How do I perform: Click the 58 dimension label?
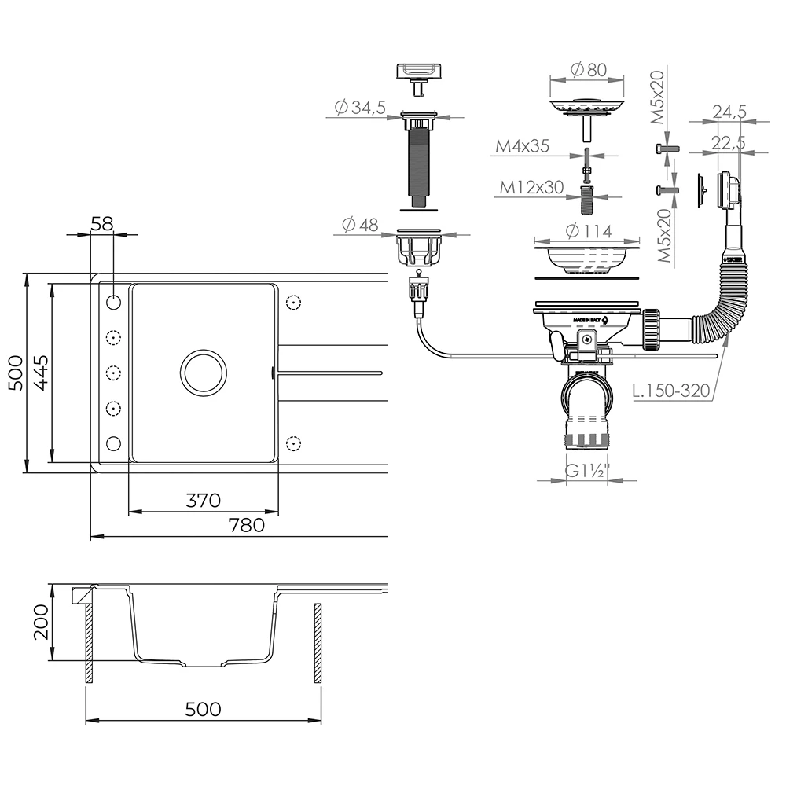(102, 224)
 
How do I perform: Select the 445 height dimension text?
(41, 373)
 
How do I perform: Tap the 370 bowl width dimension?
(203, 500)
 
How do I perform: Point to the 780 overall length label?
(248, 525)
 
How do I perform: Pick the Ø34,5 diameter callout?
(359, 108)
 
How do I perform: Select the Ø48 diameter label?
(360, 225)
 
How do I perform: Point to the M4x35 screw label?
(522, 146)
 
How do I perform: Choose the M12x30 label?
(533, 187)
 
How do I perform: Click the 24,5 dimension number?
(729, 112)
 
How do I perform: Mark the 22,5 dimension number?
(729, 142)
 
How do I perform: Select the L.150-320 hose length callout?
(670, 391)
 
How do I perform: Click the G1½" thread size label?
(588, 471)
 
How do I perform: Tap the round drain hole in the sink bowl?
(204, 373)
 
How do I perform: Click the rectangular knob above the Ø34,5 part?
(418, 73)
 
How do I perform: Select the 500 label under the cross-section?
(203, 709)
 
